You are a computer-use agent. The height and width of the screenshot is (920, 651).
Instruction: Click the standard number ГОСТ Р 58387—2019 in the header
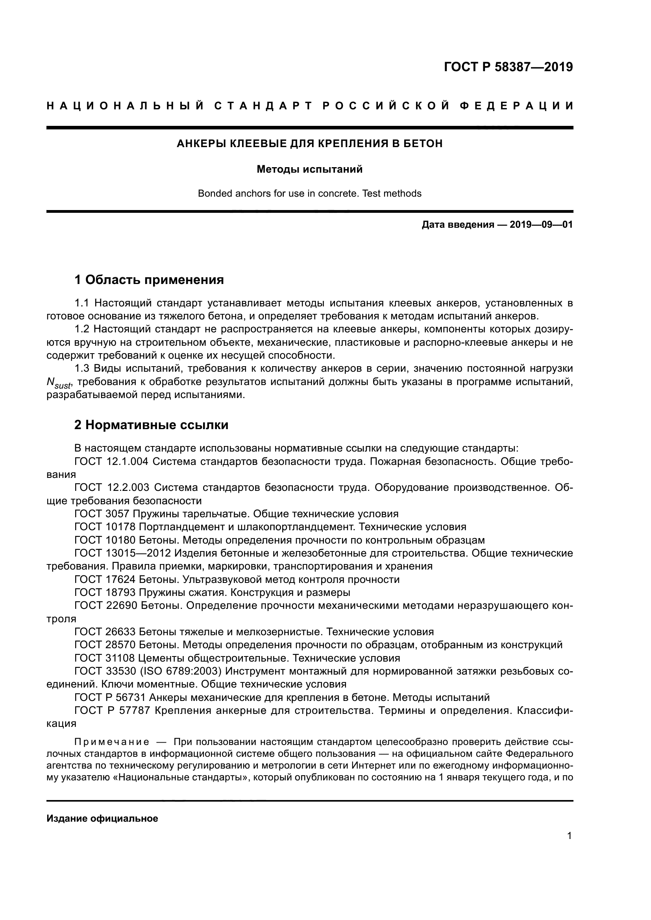coord(508,67)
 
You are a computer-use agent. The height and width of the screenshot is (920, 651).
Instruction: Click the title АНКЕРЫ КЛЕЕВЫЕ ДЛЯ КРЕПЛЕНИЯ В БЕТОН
coord(309,144)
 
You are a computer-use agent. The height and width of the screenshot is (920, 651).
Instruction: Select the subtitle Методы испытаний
coord(309,169)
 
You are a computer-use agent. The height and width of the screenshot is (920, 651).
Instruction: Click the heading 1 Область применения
coord(149,280)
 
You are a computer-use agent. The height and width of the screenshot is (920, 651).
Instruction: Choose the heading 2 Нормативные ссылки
coord(151,425)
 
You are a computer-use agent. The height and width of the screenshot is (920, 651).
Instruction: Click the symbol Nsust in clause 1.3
coord(59,383)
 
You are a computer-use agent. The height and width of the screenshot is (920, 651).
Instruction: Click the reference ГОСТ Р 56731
coord(109,698)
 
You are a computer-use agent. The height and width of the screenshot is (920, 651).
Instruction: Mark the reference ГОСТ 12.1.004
coord(111,461)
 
